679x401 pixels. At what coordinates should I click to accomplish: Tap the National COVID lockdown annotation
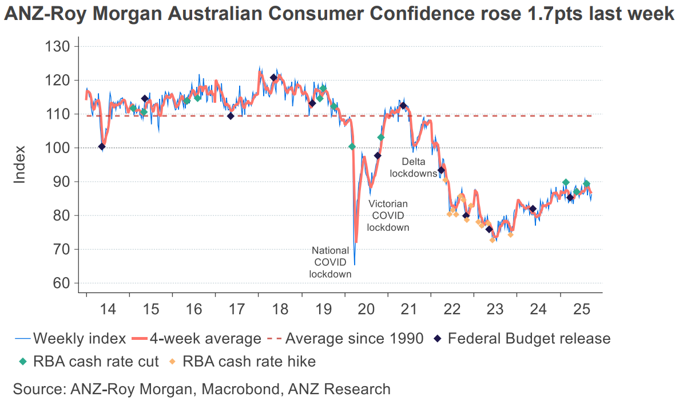pyautogui.click(x=330, y=262)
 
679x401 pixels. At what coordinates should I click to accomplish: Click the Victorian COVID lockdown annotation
pyautogui.click(x=388, y=215)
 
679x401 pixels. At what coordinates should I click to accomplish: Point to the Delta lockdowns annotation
pyautogui.click(x=414, y=167)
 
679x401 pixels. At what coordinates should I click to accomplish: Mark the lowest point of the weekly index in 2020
pyautogui.click(x=355, y=264)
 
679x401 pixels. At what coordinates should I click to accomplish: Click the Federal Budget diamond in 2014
pyautogui.click(x=102, y=147)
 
